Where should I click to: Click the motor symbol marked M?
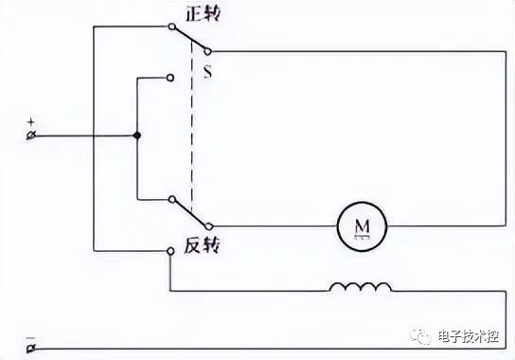[x=362, y=226]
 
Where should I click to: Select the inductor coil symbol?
[x=361, y=286]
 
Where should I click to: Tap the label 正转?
[x=203, y=14]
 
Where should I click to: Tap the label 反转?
[x=202, y=245]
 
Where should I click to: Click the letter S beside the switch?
[x=207, y=72]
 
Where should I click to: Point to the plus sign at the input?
[x=30, y=122]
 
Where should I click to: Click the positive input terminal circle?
[x=31, y=135]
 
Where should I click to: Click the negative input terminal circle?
[x=31, y=349]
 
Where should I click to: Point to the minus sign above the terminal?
[x=30, y=337]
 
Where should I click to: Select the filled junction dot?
[x=137, y=135]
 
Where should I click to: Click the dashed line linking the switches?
[x=192, y=127]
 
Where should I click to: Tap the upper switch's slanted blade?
[x=189, y=39]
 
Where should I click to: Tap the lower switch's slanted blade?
[x=189, y=213]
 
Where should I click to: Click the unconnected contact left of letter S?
[x=170, y=78]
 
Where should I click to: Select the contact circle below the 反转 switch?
[x=170, y=251]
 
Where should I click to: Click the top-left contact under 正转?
[x=171, y=27]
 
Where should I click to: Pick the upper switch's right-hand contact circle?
[x=207, y=51]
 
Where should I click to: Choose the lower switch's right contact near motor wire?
[x=208, y=226]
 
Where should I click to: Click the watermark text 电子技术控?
[x=469, y=336]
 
